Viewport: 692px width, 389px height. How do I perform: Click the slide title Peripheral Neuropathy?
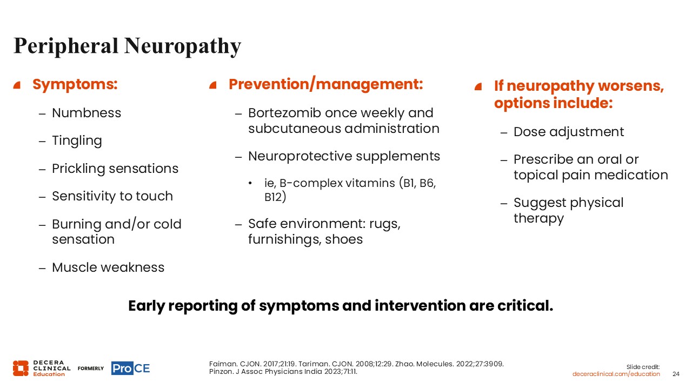[x=127, y=46]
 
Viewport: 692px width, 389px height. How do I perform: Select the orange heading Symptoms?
[x=75, y=84]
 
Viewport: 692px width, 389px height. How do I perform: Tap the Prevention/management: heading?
[x=325, y=84]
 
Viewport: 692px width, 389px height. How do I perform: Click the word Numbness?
[x=86, y=113]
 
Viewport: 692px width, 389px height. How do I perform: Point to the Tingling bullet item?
[x=77, y=141]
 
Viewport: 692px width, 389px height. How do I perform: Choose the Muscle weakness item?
[x=108, y=267]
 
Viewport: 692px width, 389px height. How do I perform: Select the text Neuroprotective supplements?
[x=344, y=156]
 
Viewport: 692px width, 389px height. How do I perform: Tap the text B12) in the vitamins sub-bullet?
[x=275, y=197]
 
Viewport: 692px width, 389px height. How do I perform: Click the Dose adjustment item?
[x=569, y=132]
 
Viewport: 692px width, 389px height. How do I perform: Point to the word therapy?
[x=539, y=218]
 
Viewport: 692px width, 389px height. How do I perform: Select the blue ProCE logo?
[x=131, y=368]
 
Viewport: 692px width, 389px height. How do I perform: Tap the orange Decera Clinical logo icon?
[x=21, y=368]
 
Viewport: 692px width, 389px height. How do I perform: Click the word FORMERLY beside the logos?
[x=91, y=368]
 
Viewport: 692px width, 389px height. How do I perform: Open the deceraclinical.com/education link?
[x=616, y=374]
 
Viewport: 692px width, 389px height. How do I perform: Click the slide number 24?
[x=676, y=374]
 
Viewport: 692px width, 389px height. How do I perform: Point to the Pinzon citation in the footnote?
[x=283, y=372]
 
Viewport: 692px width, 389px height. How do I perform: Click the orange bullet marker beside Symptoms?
[x=17, y=85]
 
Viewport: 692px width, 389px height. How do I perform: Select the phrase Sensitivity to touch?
[x=112, y=196]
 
